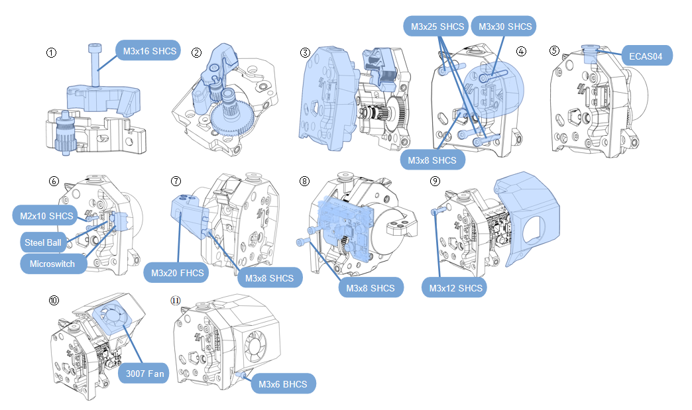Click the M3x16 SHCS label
148,50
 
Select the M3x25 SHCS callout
436,26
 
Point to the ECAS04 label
647,55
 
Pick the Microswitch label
52,263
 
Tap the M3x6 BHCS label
283,384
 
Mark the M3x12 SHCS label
455,288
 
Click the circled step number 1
52,52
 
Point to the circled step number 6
54,180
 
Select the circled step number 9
435,180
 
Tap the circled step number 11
176,299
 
